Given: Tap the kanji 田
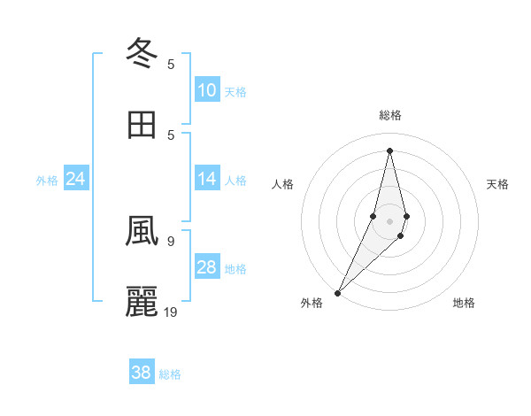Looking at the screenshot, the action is [142, 125].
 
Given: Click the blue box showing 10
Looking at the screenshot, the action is [207, 90].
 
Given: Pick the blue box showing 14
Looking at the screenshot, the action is [207, 180].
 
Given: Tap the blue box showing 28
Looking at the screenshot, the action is [207, 267].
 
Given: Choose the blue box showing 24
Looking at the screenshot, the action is [76, 180].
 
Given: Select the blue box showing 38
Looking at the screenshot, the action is [142, 373].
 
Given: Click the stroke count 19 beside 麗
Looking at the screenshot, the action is [172, 312].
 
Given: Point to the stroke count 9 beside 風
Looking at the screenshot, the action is [171, 240].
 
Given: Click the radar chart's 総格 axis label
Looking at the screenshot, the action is [390, 115].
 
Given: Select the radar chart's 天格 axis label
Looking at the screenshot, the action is [497, 184].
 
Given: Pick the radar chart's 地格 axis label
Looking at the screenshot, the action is [464, 303].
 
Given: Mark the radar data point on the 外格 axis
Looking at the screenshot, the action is [338, 292].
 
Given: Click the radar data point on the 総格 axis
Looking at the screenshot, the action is [390, 150].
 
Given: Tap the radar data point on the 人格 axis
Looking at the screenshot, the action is [373, 216].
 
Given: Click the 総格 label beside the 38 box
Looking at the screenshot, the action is [170, 374].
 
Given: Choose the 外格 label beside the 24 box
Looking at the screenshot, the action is [47, 181].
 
